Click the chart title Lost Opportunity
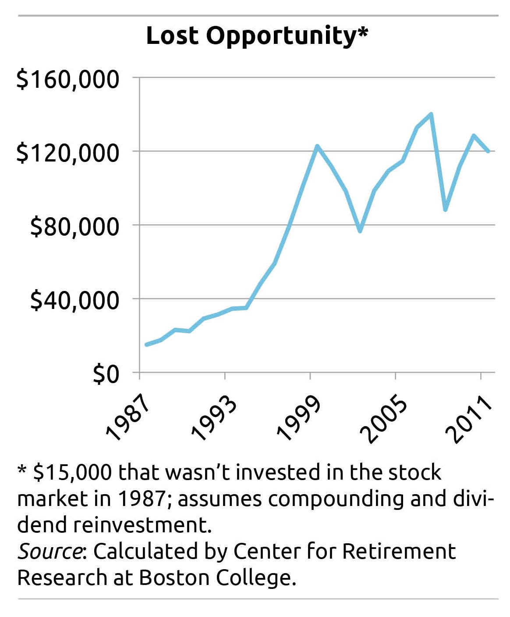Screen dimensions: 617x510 tap(257, 36)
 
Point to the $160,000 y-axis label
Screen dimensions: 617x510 tap(68, 79)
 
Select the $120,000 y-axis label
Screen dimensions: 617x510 tap(68, 153)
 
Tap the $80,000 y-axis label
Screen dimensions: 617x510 tap(74, 227)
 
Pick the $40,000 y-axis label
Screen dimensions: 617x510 tap(74, 301)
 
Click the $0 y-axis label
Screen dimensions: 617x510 tap(106, 374)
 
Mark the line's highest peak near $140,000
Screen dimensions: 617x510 tap(432, 114)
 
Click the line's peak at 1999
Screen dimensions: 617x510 tap(317, 146)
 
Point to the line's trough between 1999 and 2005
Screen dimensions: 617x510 tap(360, 231)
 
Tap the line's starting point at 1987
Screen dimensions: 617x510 tap(146, 345)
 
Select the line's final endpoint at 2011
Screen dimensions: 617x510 tap(488, 151)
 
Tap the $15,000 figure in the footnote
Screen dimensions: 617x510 tap(73, 472)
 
